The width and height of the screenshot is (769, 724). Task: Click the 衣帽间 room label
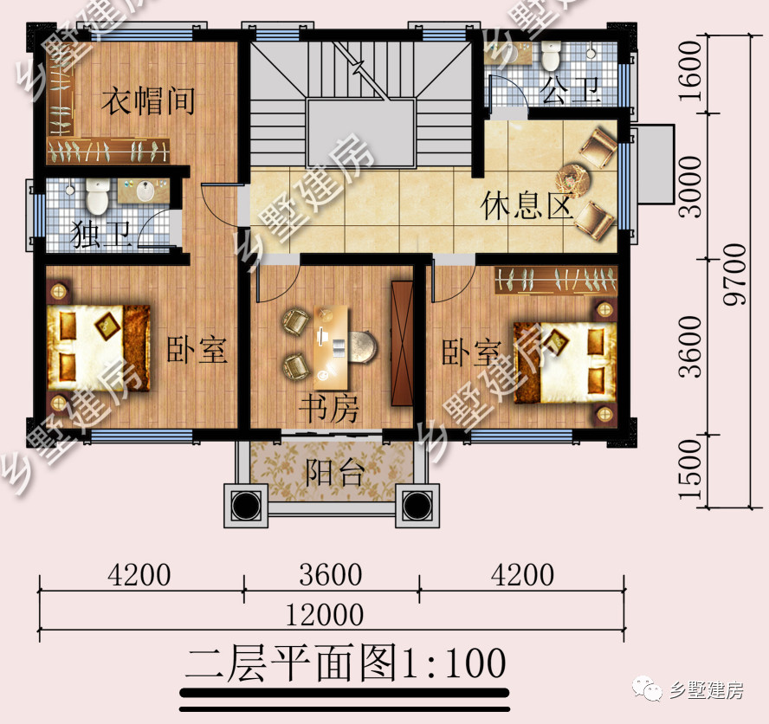[146, 101]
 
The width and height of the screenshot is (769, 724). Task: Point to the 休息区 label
[527, 208]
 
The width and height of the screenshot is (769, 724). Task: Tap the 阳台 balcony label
[333, 473]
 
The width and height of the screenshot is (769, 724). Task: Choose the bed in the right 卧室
[563, 362]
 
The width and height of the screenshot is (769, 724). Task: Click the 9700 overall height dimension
[734, 274]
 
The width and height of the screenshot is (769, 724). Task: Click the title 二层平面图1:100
[345, 663]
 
